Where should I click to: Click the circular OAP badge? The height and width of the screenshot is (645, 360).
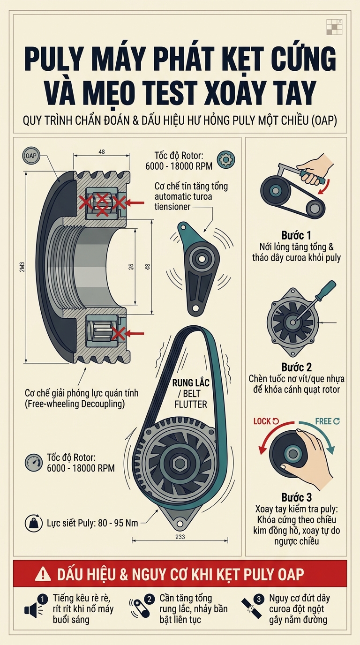[x=31, y=156]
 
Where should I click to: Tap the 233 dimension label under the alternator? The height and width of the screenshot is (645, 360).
[x=180, y=537]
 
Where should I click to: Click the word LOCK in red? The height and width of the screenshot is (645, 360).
[x=262, y=421]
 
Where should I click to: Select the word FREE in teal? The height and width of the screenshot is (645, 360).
[x=323, y=421]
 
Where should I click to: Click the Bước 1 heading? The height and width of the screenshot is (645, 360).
[x=296, y=235]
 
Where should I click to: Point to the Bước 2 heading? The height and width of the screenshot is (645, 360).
[x=296, y=367]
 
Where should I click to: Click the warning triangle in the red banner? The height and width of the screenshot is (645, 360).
[x=43, y=574]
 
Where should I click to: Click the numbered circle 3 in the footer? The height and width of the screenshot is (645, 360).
[x=259, y=599]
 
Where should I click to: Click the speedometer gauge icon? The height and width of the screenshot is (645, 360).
[x=34, y=463]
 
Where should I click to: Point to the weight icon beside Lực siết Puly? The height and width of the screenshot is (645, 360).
[x=34, y=523]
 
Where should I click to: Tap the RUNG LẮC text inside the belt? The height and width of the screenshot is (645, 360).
[x=191, y=382]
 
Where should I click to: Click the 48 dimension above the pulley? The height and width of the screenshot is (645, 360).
[x=102, y=151]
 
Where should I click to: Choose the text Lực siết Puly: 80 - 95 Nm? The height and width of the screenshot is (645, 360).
[x=92, y=523]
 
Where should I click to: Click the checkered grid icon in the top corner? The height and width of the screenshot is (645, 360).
[x=335, y=27]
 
